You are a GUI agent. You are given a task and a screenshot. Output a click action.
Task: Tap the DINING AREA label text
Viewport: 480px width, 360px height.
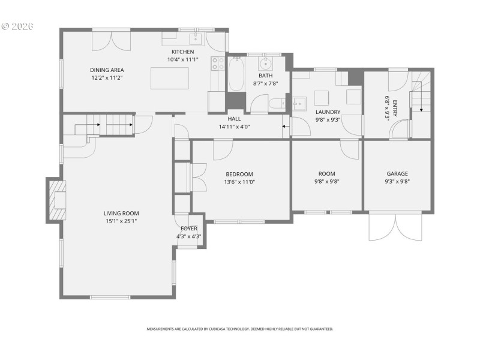click(x=107, y=70)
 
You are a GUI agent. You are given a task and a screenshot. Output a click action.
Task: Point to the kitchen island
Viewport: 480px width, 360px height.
click(x=167, y=78)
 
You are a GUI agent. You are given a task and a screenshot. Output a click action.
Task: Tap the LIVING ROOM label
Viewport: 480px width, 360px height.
click(x=121, y=213)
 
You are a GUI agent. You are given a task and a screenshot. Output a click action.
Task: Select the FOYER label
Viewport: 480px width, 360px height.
click(x=189, y=229)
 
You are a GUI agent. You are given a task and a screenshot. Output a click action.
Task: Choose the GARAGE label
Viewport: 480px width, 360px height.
click(x=397, y=174)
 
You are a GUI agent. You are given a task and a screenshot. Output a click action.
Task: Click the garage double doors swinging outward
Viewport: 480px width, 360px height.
click(x=395, y=227)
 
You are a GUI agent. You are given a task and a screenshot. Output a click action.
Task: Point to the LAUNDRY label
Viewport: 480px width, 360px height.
click(x=328, y=112)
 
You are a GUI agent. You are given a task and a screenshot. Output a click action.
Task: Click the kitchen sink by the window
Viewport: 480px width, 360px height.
click(x=195, y=40)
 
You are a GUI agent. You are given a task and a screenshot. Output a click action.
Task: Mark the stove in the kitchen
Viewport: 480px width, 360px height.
click(x=217, y=65)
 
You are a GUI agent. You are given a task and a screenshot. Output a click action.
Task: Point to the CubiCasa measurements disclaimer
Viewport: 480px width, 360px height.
click(x=240, y=329)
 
